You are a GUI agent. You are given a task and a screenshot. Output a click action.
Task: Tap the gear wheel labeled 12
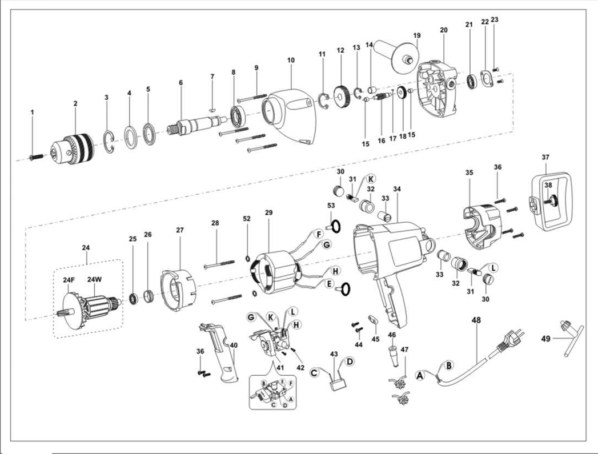pyautogui.click(x=342, y=94)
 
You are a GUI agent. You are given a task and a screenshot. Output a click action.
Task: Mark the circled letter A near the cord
pyautogui.click(x=421, y=375)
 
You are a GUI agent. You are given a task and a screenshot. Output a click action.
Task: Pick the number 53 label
pyautogui.click(x=331, y=205)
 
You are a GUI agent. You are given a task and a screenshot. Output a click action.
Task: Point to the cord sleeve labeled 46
pyautogui.click(x=392, y=349)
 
